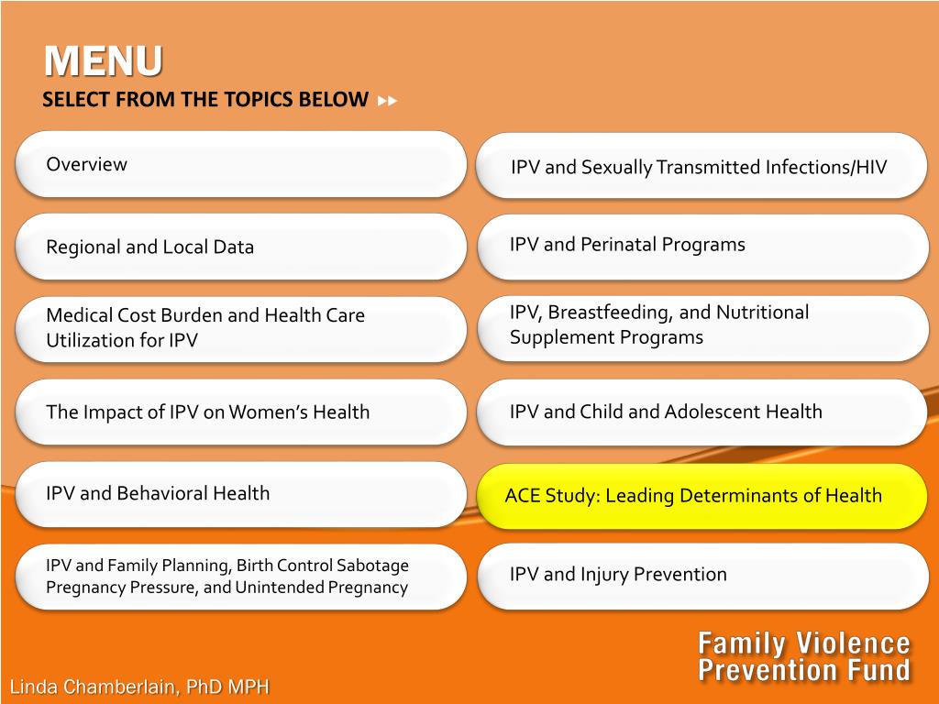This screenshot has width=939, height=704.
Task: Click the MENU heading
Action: (103, 60)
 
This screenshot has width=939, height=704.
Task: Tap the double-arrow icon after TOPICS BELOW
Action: (388, 101)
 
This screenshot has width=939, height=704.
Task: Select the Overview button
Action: (241, 165)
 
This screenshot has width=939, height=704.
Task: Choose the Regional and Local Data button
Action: (241, 247)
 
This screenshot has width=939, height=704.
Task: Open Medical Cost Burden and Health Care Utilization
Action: (241, 329)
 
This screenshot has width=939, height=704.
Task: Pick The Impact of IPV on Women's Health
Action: (241, 412)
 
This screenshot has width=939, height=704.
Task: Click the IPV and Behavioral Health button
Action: (241, 494)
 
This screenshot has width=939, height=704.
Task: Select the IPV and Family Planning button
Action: (241, 577)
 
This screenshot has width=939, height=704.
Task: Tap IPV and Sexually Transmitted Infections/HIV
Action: (701, 166)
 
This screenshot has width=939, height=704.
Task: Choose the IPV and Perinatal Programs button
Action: (702, 247)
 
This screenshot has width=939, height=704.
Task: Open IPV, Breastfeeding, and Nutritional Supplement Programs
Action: (702, 329)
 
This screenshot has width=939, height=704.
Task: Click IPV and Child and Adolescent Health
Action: (702, 412)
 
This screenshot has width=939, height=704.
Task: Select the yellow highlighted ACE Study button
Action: (701, 496)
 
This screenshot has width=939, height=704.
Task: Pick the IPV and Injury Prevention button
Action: (702, 576)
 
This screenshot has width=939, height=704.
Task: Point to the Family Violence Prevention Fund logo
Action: (803, 656)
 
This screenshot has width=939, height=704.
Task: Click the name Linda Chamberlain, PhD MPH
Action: (139, 686)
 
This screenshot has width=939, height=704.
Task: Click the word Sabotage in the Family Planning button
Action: (373, 565)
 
